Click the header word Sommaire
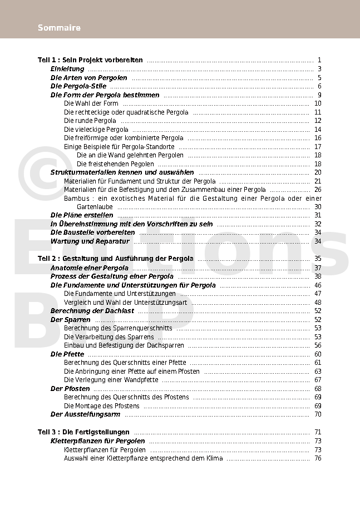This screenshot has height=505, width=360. [x=59, y=28]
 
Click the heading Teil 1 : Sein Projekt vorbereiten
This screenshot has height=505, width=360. [x=90, y=60]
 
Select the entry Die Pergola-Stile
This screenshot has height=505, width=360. [x=78, y=86]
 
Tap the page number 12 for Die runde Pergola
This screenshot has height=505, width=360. [x=318, y=121]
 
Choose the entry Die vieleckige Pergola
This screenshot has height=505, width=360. [x=96, y=130]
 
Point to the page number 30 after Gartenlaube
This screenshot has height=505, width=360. [x=318, y=207]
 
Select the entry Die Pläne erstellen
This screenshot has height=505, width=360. [x=82, y=215]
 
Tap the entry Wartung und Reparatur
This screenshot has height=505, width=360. [x=90, y=241]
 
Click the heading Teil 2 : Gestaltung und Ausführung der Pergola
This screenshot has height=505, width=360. [x=116, y=259]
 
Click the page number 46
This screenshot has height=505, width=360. [x=318, y=285]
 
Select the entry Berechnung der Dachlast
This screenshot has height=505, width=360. [x=92, y=311]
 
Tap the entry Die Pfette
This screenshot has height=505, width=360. [x=67, y=354]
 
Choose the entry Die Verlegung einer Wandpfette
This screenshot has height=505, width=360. [x=111, y=380]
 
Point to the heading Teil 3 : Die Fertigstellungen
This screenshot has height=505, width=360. [x=83, y=432]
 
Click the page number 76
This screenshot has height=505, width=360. [x=318, y=458]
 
